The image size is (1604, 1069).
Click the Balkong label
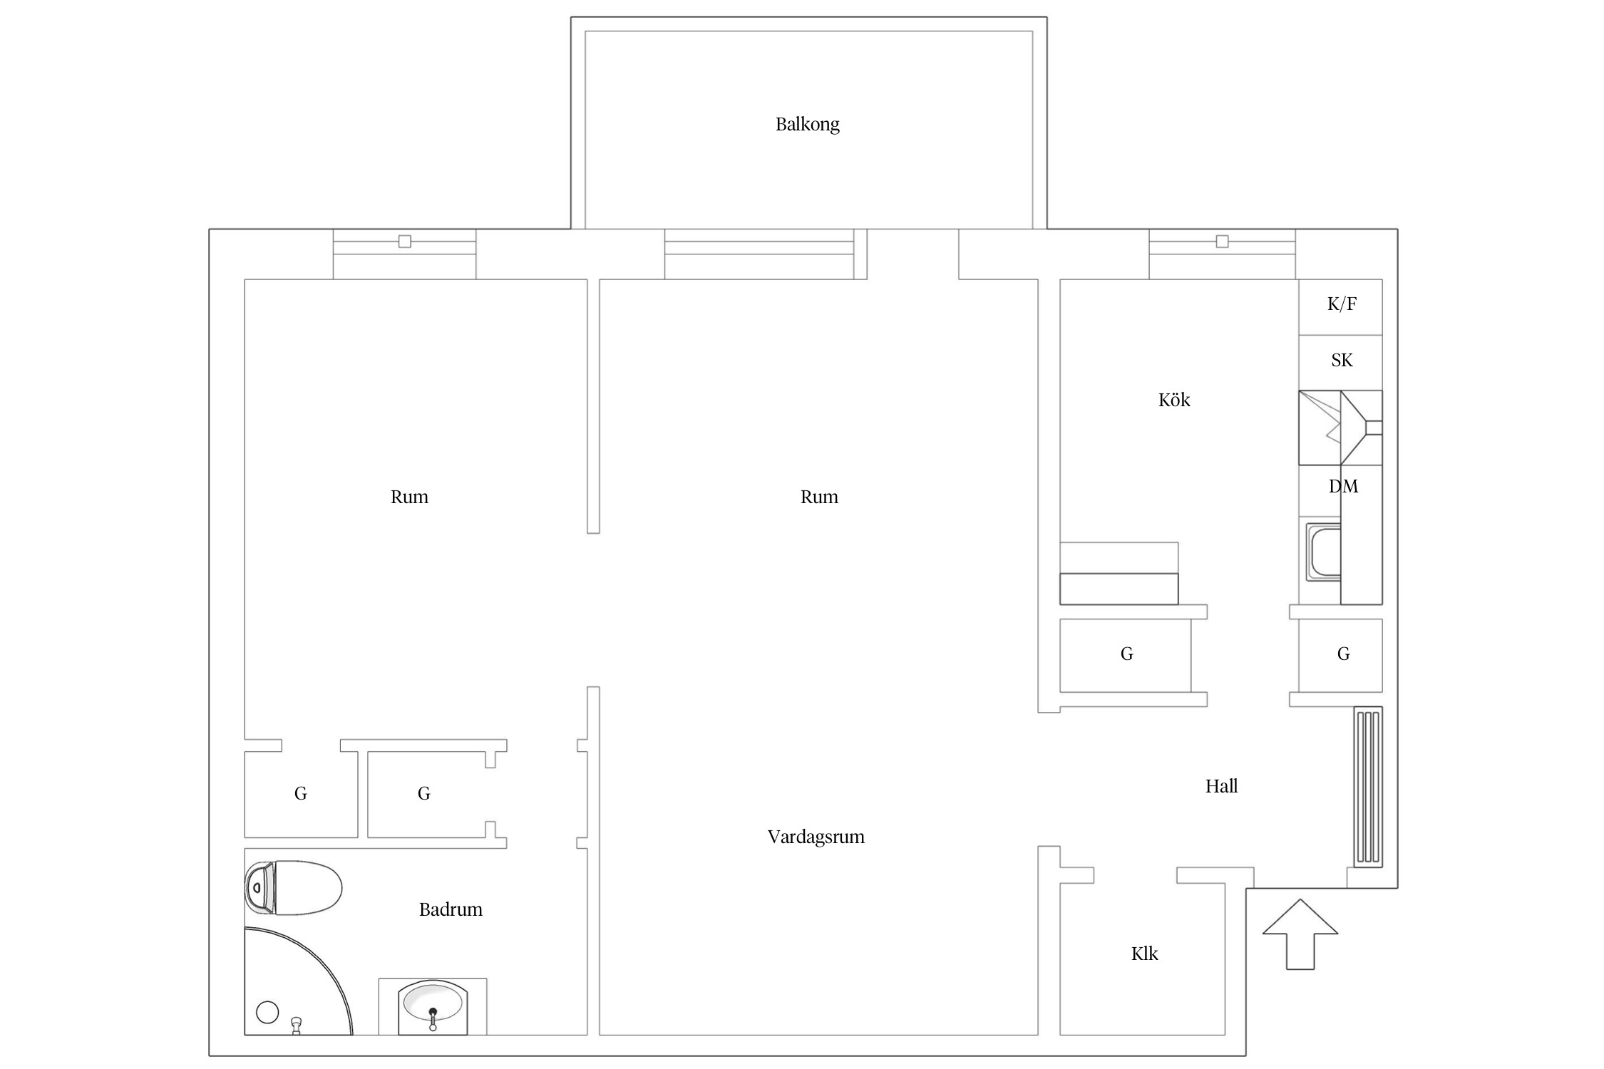pos(807,125)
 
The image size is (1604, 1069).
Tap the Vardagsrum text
pos(816,837)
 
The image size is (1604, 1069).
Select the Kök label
pos(1174,400)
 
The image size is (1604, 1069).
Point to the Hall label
pos(1221,786)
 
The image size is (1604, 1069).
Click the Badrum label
pos(451,909)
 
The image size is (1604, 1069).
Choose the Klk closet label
pos(1144,954)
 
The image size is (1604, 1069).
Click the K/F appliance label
pos(1342,304)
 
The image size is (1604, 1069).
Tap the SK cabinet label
pos(1342,361)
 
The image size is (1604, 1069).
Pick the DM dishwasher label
pos(1343,487)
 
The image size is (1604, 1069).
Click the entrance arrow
pos(1300,934)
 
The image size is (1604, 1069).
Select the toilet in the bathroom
pos(293,888)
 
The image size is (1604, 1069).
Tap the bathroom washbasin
pos(432,1006)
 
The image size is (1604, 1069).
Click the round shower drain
pos(267,1012)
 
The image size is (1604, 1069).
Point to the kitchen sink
pos(1323,552)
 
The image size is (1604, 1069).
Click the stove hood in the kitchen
pos(1340,428)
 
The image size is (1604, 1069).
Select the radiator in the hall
pos(1368,787)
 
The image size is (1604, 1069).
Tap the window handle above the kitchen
pos(1222,242)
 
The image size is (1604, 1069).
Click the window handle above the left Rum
pos(404,242)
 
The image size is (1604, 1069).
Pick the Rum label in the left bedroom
pos(409,497)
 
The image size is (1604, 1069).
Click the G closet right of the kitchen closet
pos(1340,655)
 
